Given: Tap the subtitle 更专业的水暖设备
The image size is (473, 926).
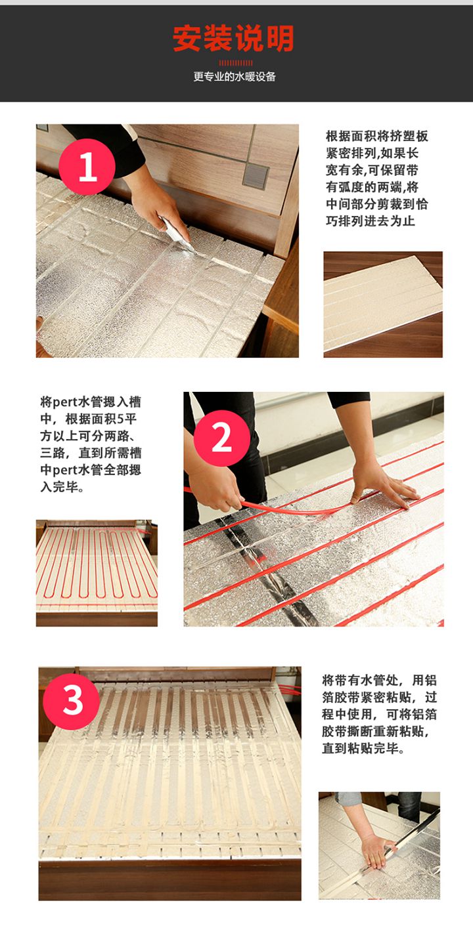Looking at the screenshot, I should point(235,77).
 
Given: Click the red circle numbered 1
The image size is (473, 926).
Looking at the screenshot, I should point(87,167).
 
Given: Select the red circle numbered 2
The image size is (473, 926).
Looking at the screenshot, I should point(221,438).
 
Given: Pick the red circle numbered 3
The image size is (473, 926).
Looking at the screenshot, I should point(72,701).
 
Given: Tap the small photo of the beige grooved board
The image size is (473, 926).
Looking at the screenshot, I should point(382,304).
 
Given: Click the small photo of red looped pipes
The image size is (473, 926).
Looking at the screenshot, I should point(97,572).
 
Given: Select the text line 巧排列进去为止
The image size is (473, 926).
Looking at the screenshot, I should point(371,221).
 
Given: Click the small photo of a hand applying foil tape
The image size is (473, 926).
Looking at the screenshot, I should point(379,845).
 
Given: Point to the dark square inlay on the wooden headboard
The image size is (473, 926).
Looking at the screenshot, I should point(255,176).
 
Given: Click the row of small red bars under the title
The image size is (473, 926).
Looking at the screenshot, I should point(235,62).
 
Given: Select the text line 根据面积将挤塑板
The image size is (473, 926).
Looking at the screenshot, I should point(377,137).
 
